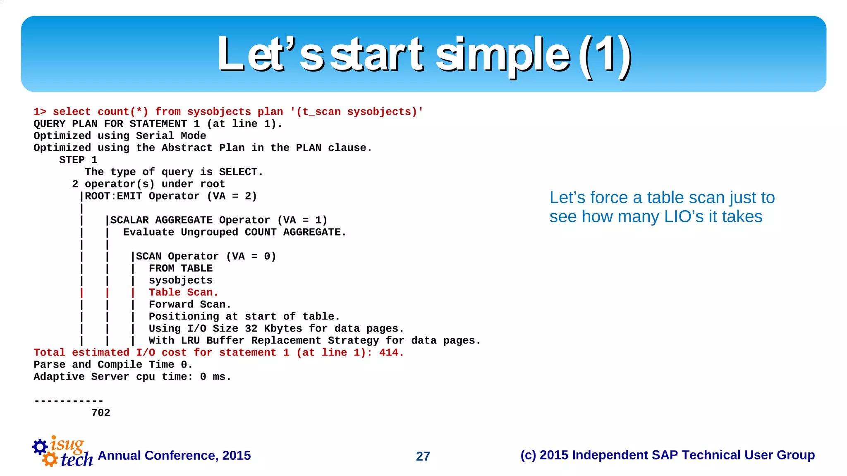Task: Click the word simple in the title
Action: [502, 55]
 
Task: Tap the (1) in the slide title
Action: [605, 55]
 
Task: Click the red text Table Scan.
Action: [183, 292]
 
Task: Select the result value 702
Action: [100, 413]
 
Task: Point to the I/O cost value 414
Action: [391, 353]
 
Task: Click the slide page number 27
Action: [423, 456]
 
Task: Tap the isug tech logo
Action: [63, 452]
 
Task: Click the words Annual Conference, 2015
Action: [174, 455]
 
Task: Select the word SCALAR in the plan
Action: [129, 220]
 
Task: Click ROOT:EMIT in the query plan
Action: [113, 196]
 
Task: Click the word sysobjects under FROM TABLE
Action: [181, 280]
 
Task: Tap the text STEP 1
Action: [78, 160]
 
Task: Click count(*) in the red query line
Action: [123, 112]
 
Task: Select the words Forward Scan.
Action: [189, 304]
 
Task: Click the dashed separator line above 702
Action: [69, 401]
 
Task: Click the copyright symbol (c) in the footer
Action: [528, 455]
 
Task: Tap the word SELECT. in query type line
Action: [241, 172]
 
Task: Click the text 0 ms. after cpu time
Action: [215, 377]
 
